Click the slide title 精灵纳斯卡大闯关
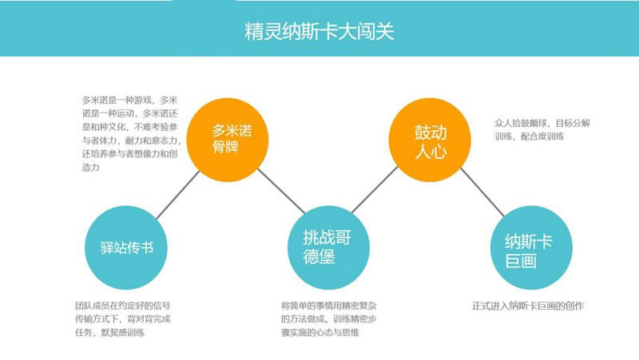tap(319, 31)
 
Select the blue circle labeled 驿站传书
tap(126, 247)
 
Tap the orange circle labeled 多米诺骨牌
tap(228, 139)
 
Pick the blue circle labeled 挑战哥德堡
tap(328, 247)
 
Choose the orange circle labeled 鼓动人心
tap(430, 139)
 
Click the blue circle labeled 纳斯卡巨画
tap(531, 247)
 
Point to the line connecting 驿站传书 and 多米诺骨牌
tap(178, 195)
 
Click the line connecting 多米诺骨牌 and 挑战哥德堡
tap(281, 192)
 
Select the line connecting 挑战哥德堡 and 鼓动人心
tap(375, 190)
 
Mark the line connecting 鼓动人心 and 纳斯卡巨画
tap(482, 192)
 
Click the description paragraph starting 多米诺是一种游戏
tap(131, 133)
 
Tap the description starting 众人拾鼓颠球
tap(542, 129)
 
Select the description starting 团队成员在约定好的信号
tap(123, 318)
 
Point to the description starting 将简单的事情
tap(328, 318)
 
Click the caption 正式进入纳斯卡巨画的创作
tap(528, 306)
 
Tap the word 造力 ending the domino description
tap(90, 167)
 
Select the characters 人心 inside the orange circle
tap(431, 152)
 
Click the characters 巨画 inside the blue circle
tap(521, 261)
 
